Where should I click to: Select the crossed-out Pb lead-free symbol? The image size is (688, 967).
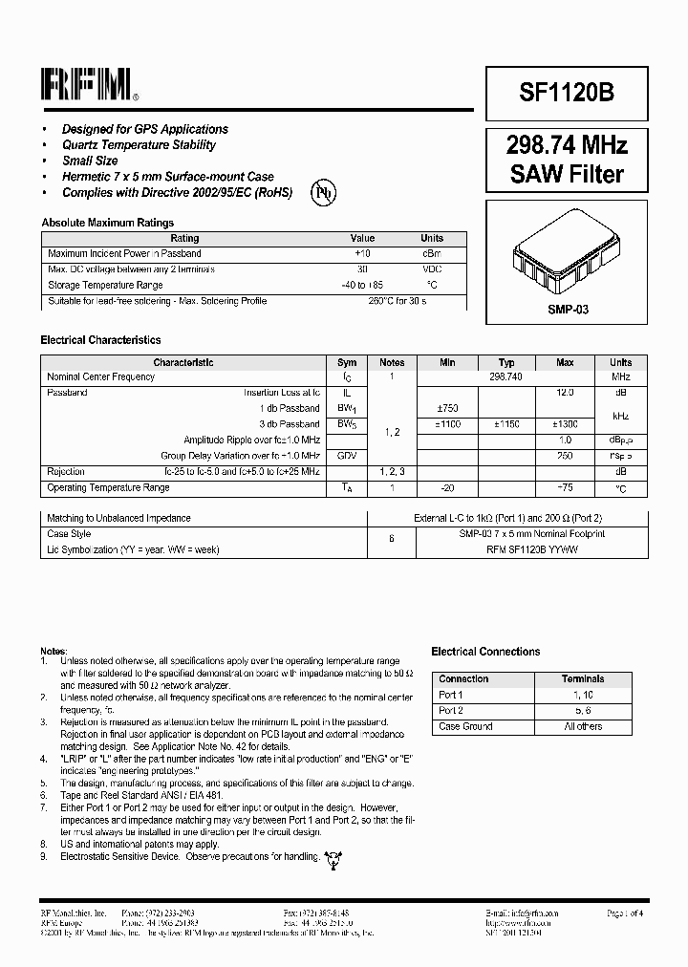point(323,192)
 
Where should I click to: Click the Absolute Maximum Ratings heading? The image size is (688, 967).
point(108,223)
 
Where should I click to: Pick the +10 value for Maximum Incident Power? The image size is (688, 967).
point(362,254)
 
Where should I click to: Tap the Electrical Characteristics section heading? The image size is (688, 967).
point(100,340)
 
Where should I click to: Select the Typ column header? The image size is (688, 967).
point(506,363)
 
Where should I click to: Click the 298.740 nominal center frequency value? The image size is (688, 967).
point(506,377)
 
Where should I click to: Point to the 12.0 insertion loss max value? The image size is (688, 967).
point(565,393)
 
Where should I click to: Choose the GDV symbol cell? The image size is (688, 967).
point(347,456)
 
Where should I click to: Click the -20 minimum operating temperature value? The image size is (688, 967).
point(447,488)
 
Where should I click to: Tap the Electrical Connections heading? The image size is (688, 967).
point(485,652)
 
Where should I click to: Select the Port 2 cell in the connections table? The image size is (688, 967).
point(451,711)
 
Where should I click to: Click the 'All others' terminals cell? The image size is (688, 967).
point(583,726)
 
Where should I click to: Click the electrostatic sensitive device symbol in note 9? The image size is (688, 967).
point(333,858)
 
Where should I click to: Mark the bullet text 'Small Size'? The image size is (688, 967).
point(90,161)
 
